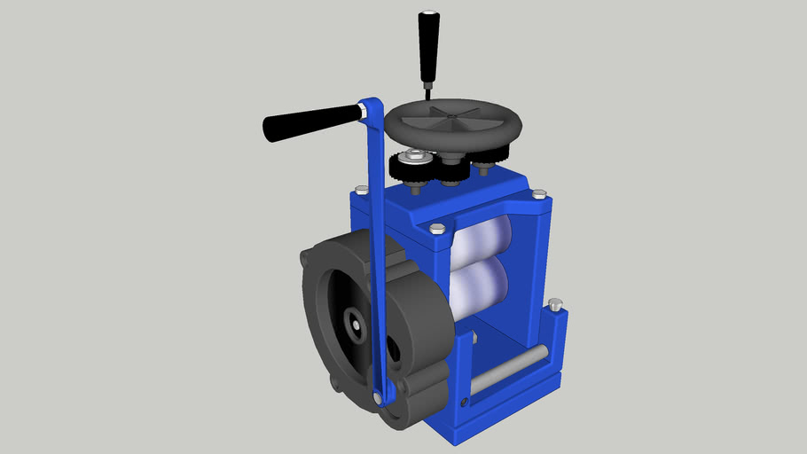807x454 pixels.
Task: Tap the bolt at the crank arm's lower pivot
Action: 380,397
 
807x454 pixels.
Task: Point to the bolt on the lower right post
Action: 555,304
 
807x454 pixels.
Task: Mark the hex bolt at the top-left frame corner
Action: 361,190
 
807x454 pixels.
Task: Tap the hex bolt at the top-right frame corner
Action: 537,193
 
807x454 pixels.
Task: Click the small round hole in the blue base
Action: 466,401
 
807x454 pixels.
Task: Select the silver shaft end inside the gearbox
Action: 355,328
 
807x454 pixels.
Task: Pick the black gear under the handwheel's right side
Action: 484,162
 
